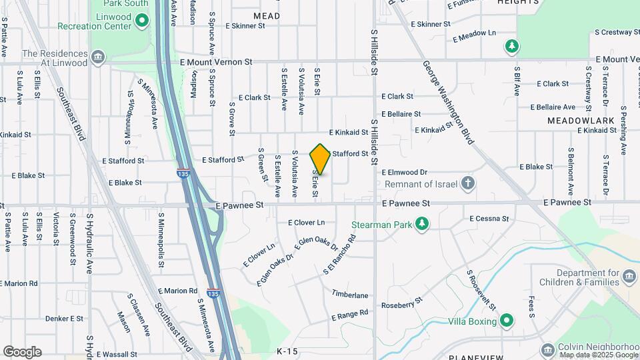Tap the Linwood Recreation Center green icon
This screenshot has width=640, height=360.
tap(141, 21)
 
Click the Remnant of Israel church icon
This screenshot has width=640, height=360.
tap(469, 183)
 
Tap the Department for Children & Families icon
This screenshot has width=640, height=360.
tap(628, 276)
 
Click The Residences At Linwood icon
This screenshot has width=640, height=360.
tap(99, 57)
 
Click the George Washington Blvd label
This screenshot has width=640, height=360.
tap(448, 103)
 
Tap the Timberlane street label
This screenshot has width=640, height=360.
tap(350, 295)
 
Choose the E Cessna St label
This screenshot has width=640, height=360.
tap(489, 218)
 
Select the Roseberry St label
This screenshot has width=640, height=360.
tap(402, 305)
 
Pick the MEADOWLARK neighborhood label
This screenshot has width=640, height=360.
tap(571, 121)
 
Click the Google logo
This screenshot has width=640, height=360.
tap(22, 352)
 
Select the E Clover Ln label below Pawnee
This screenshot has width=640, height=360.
tap(307, 222)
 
